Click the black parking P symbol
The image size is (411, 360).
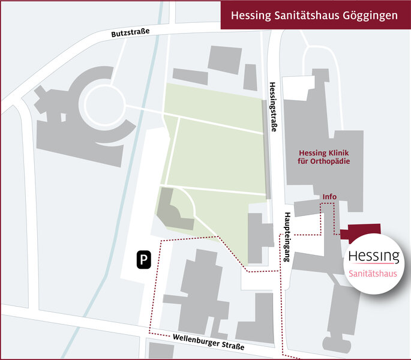pyautogui.click(x=144, y=260)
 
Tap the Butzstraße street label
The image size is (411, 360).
pyautogui.click(x=130, y=33)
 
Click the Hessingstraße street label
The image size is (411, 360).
pyautogui.click(x=273, y=107)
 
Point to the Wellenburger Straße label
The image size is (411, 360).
pyautogui.click(x=209, y=341)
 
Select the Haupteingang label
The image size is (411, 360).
pyautogui.click(x=287, y=237)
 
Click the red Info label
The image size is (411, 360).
pyautogui.click(x=329, y=196)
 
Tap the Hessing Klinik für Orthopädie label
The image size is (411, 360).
pyautogui.click(x=324, y=157)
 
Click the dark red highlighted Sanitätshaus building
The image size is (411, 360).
pyautogui.click(x=361, y=232)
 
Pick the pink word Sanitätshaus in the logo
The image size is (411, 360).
pyautogui.click(x=373, y=274)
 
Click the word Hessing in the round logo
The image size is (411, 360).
pyautogui.click(x=374, y=256)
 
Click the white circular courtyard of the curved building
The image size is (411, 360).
pyautogui.click(x=105, y=104)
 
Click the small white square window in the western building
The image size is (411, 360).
pyautogui.click(x=63, y=117)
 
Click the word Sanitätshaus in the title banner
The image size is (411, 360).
pyautogui.click(x=307, y=15)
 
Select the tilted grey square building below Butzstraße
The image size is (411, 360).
pyautogui.click(x=224, y=60)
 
